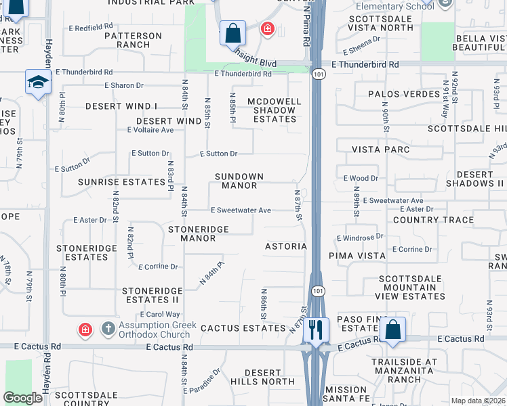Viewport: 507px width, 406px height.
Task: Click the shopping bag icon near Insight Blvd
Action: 232,32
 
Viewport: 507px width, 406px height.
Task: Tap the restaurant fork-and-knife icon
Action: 316,330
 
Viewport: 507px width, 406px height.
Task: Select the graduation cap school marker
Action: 39,82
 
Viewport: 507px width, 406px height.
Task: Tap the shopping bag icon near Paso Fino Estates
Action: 392,330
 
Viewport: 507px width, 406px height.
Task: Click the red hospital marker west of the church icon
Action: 85,330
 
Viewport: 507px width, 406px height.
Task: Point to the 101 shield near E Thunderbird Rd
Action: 317,71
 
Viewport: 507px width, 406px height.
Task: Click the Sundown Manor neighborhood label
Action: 235,181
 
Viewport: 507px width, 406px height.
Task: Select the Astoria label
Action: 286,246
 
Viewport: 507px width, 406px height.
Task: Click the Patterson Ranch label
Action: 133,40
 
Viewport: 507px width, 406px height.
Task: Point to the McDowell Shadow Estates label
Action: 274,110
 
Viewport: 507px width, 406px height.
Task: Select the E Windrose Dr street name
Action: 360,238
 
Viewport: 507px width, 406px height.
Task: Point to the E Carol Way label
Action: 160,315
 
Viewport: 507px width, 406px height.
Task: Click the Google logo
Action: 23,397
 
